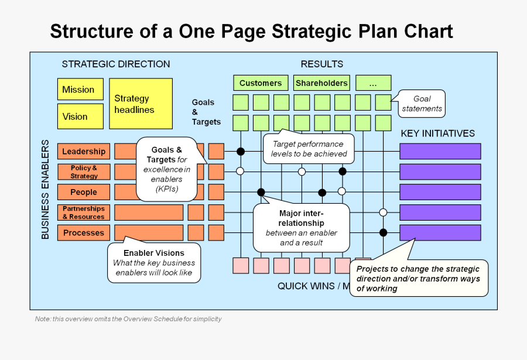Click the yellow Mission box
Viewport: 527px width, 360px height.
[80, 90]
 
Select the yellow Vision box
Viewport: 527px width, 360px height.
[80, 116]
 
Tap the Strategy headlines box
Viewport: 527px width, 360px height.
[141, 104]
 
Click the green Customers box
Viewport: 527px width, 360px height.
[261, 83]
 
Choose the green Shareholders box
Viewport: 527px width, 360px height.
[321, 83]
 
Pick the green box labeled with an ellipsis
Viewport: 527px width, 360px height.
[373, 83]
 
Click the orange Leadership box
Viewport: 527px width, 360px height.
[84, 152]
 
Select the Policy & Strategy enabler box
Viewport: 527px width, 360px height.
[84, 172]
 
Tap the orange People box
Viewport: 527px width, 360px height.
[84, 192]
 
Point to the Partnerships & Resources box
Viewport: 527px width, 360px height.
[84, 212]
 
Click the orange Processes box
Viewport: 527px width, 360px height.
[84, 233]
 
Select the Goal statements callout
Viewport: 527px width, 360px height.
[422, 104]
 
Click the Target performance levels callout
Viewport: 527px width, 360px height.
[309, 149]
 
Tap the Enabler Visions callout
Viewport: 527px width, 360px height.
[154, 263]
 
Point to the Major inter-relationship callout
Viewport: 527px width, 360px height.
[301, 228]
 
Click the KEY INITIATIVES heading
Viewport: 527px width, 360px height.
[437, 133]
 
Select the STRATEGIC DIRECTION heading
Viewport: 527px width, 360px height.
[116, 64]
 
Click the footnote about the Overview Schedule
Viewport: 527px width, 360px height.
[128, 319]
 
